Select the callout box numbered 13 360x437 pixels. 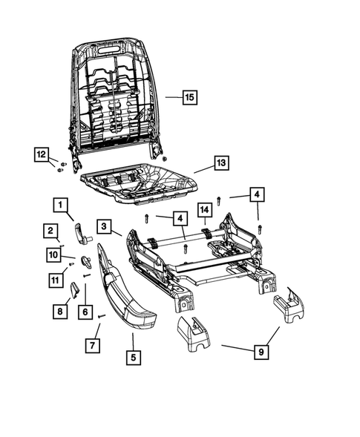point(220,162)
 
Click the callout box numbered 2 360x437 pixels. point(50,231)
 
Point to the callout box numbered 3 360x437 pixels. point(105,226)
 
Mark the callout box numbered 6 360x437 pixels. point(87,312)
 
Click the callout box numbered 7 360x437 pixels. point(92,346)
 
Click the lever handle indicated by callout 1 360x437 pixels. point(86,234)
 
